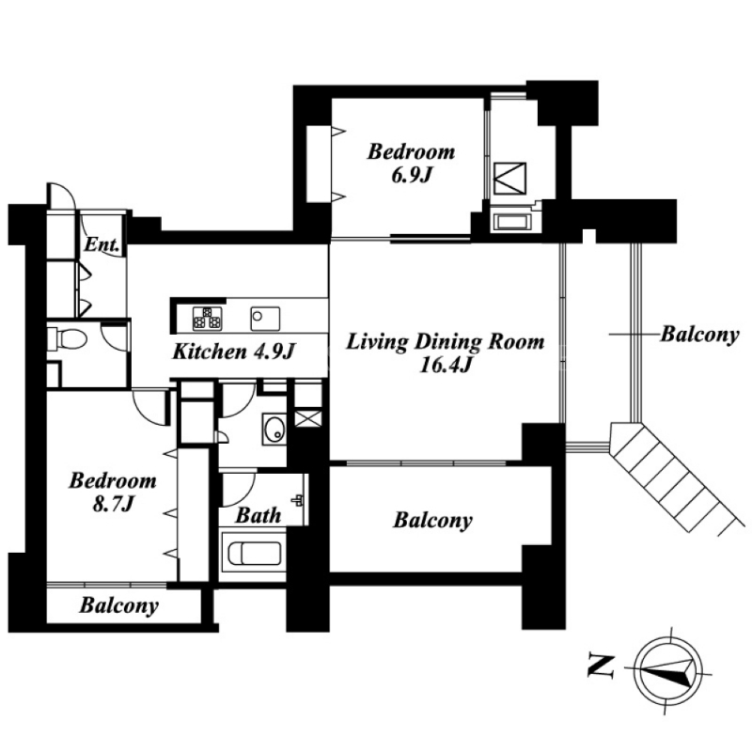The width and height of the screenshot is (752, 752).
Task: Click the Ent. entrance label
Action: (102, 245)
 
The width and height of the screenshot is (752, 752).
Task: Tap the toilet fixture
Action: (68, 337)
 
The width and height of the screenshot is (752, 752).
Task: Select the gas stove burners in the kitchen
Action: (207, 319)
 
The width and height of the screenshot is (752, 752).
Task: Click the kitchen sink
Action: (265, 319)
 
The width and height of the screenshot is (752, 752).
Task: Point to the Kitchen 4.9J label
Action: (233, 352)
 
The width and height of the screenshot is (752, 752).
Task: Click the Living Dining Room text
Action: (445, 342)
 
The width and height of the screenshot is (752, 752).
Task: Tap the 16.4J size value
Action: (446, 366)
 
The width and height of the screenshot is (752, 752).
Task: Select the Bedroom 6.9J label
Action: (412, 163)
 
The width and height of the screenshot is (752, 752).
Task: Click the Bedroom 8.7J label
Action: (113, 492)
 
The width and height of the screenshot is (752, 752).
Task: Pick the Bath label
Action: (258, 515)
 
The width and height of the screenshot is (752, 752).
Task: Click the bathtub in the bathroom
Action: (254, 554)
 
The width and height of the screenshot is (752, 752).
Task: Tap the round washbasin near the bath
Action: (274, 428)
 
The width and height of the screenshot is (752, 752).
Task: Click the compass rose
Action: (666, 670)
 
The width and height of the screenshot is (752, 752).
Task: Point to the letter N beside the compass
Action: (601, 667)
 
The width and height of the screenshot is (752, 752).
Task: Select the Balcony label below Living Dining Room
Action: (432, 521)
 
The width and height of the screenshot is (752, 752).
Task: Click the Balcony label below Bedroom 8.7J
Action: (119, 605)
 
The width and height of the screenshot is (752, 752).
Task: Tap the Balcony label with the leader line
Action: (699, 335)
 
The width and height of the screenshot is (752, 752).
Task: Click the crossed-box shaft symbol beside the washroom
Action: (308, 417)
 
